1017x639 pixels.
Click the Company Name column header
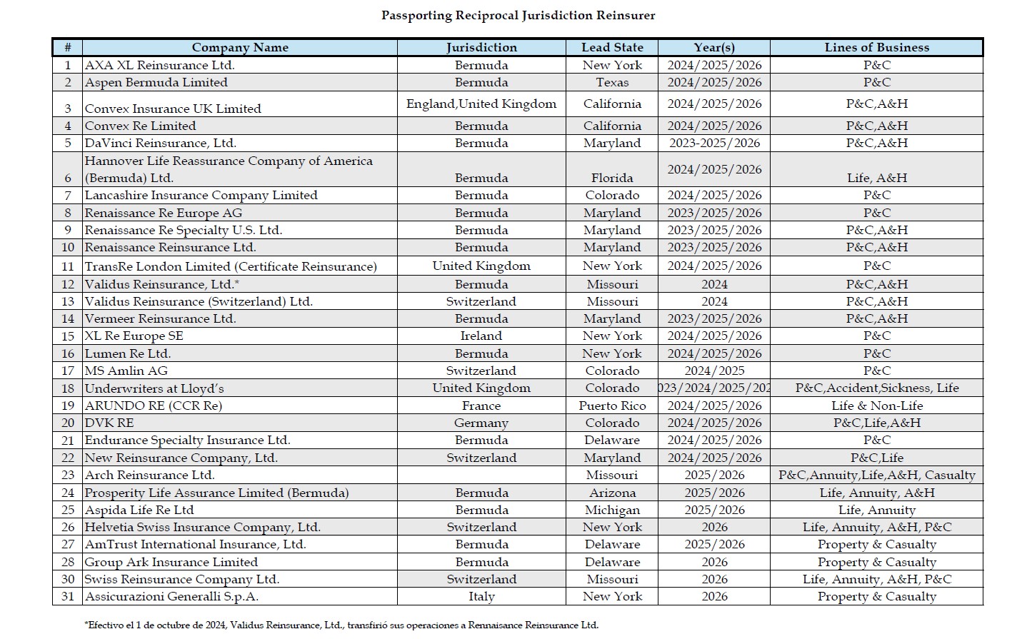(240, 48)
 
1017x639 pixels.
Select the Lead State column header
(612, 48)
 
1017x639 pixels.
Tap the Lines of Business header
(876, 48)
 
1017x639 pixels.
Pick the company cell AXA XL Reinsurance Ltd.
(159, 65)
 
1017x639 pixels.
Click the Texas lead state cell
(612, 82)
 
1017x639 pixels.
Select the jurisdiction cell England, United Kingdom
(481, 104)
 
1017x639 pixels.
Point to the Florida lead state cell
(612, 178)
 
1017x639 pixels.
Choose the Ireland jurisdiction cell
(481, 336)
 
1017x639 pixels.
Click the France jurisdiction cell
(481, 406)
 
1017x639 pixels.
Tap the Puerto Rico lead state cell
(612, 406)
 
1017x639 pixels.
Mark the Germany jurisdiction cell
(481, 423)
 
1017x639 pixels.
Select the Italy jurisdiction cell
(481, 596)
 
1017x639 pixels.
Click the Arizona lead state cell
(612, 493)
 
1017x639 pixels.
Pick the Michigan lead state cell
(612, 510)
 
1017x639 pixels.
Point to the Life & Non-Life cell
(876, 406)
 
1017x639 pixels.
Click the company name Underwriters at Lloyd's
(154, 388)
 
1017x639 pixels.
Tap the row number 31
(68, 596)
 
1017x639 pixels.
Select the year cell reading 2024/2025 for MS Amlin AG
(714, 371)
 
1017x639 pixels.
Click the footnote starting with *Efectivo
(341, 625)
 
